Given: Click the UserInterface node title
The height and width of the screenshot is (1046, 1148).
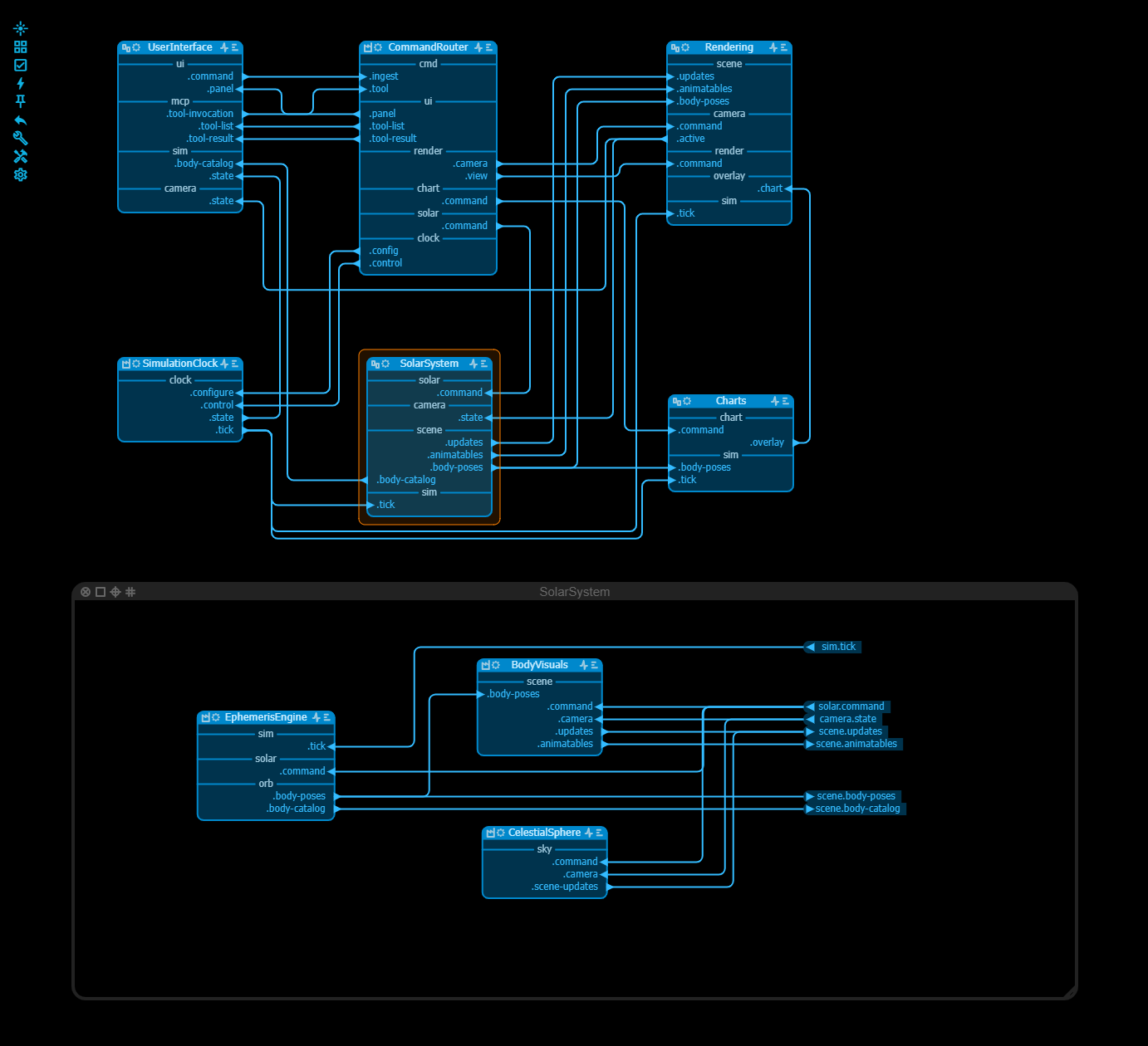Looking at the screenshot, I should pyautogui.click(x=179, y=47).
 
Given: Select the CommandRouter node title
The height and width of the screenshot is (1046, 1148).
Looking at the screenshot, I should pyautogui.click(x=428, y=47).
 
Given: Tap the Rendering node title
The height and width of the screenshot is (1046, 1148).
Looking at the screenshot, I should pyautogui.click(x=729, y=47).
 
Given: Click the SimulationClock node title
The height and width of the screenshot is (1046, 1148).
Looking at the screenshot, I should pyautogui.click(x=179, y=364).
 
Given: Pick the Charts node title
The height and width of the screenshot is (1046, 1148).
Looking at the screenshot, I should pyautogui.click(x=731, y=401).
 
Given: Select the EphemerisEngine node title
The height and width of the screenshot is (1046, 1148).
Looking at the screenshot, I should pyautogui.click(x=266, y=717).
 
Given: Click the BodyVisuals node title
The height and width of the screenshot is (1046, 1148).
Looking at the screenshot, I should pyautogui.click(x=539, y=665).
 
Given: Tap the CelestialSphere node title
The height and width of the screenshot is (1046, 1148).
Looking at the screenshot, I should pyautogui.click(x=544, y=833).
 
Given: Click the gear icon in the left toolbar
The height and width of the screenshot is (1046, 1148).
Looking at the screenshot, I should pyautogui.click(x=21, y=174).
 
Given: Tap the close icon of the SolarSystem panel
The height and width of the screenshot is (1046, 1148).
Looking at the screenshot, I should pyautogui.click(x=86, y=592).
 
